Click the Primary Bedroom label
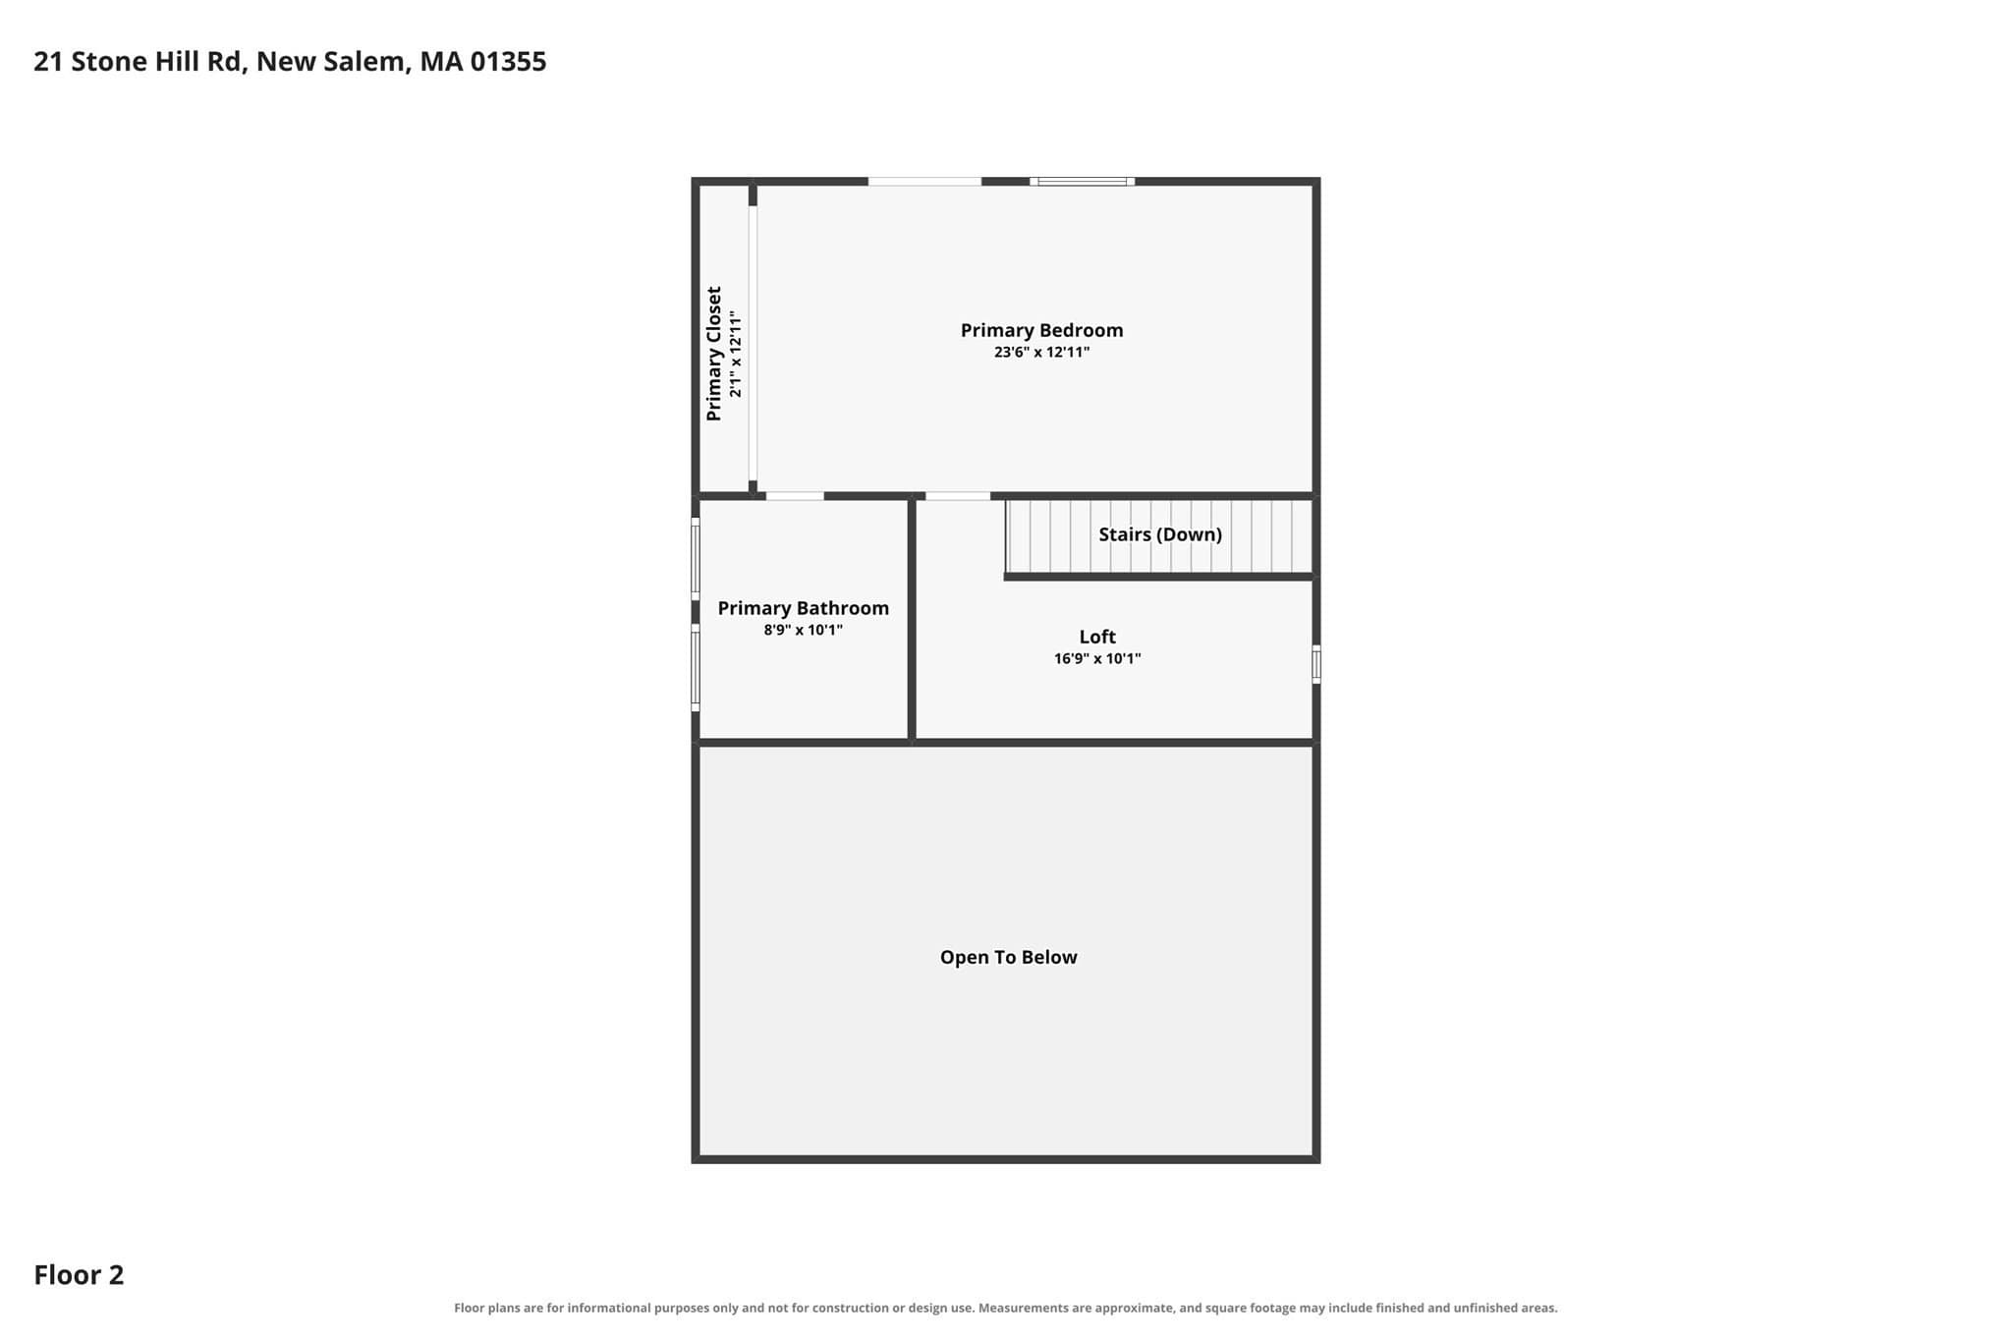pos(1041,330)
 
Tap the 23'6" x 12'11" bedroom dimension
pos(1041,352)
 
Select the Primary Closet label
pos(714,354)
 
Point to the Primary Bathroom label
pos(803,608)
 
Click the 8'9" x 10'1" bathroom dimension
pos(803,630)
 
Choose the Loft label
pos(1097,637)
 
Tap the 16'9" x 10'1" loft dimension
pos(1097,658)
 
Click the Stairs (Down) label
pos(1160,534)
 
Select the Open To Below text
pos(1008,957)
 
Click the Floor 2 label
pos(79,1275)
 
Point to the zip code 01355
pos(508,62)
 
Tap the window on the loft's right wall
pos(1316,664)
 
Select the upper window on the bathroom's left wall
pos(696,559)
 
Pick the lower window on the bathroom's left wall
pos(696,668)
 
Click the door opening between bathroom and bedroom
pos(795,496)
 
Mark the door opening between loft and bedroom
pos(958,496)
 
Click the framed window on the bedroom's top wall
pos(1083,182)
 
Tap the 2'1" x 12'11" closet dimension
pos(736,354)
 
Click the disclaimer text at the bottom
pos(1006,1308)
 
